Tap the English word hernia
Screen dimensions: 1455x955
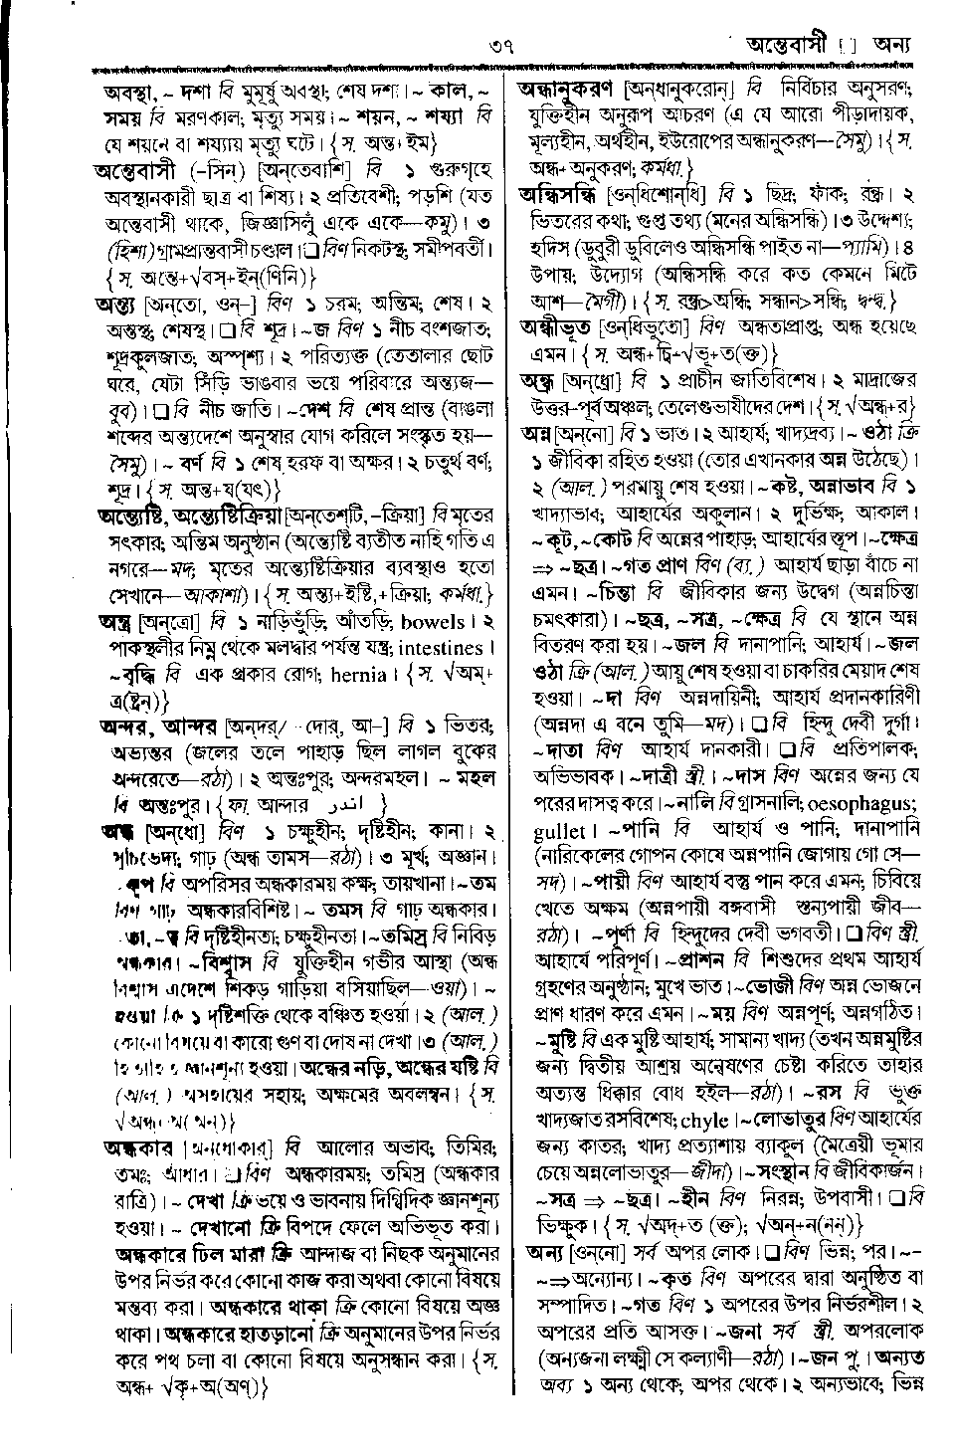[358, 675]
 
